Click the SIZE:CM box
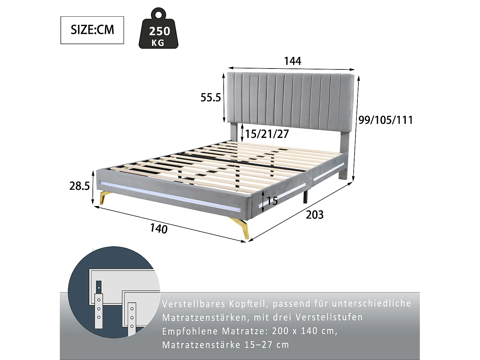click(92, 30)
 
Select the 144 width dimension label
click(292, 61)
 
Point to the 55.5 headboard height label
click(211, 97)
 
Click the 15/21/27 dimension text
click(267, 134)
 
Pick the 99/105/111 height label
click(385, 120)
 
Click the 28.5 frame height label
click(80, 186)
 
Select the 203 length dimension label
click(315, 215)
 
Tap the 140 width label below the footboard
click(159, 228)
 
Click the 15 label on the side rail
click(272, 201)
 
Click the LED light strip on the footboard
click(170, 196)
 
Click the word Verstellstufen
click(329, 317)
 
